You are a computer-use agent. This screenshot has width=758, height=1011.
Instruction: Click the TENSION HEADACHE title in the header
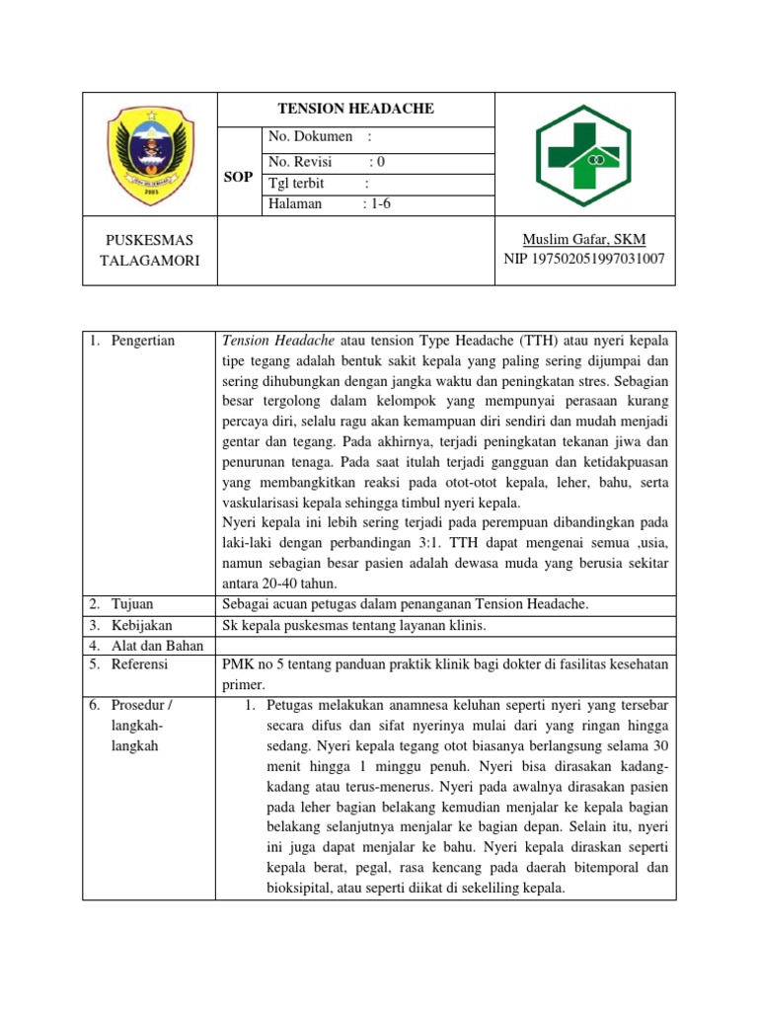(355, 110)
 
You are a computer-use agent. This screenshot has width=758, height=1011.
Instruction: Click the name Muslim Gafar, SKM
(584, 240)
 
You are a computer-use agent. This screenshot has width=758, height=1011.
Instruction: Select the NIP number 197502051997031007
(584, 260)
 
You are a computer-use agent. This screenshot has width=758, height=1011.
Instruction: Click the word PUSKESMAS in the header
(149, 240)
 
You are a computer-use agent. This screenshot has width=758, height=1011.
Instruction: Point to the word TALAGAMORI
(149, 260)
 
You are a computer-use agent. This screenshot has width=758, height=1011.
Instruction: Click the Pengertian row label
(139, 341)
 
